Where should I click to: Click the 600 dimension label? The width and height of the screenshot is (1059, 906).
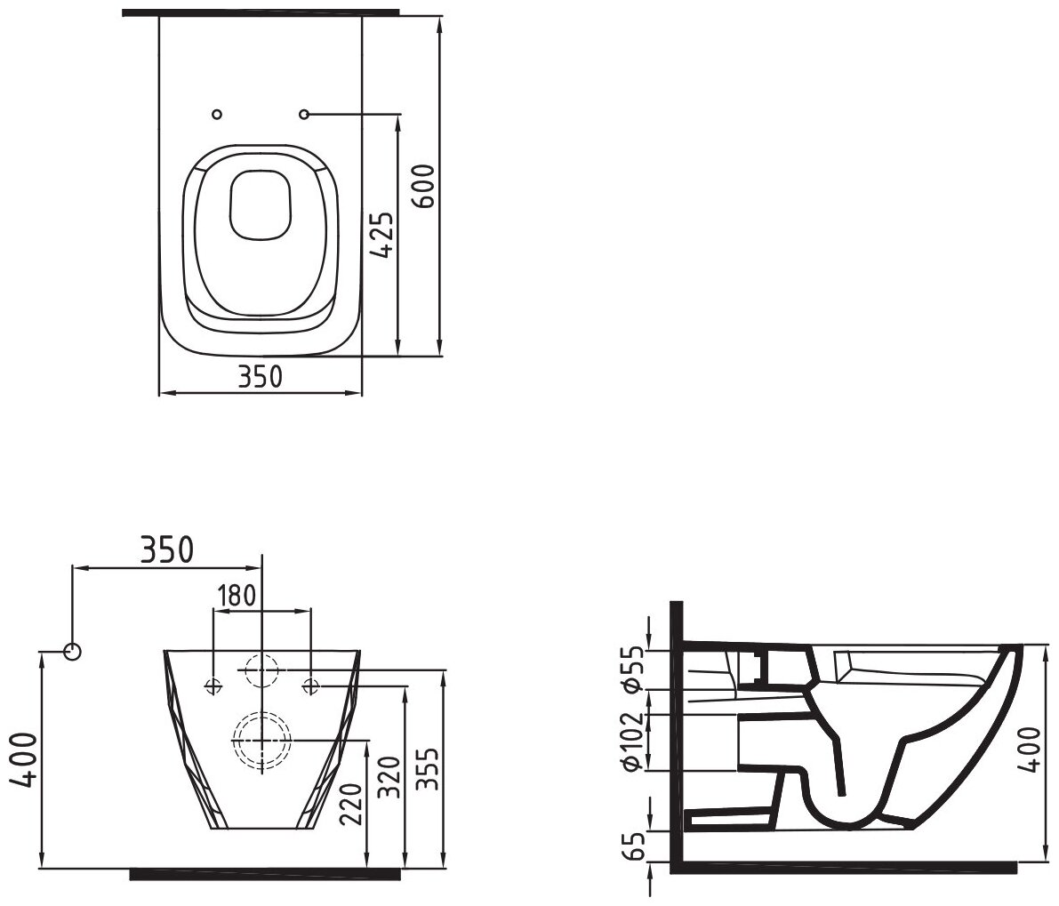(423, 186)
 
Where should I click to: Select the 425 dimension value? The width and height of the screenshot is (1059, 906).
(382, 235)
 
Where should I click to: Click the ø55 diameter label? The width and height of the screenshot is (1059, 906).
(633, 668)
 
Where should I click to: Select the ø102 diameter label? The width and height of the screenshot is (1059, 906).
(633, 741)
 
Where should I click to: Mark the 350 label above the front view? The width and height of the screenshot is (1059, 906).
(166, 550)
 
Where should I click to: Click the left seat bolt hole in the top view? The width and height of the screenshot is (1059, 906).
(218, 115)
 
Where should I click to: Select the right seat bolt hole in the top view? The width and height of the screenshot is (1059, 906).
(304, 115)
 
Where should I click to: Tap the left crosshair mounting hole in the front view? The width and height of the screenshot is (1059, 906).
(213, 686)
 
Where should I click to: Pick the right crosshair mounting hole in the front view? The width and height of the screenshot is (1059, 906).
(310, 686)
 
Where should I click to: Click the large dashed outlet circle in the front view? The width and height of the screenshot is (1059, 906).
(261, 739)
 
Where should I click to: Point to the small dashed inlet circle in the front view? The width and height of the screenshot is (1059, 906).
(261, 669)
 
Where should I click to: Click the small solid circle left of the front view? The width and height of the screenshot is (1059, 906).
(73, 652)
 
